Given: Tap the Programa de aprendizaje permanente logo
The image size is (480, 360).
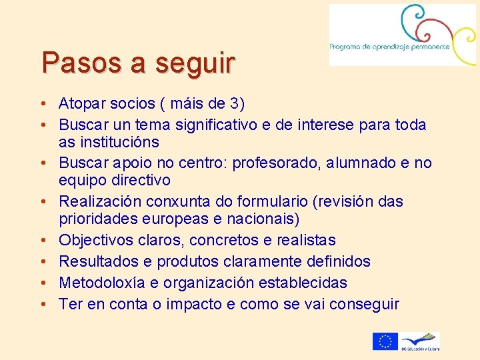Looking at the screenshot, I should [x=402, y=35].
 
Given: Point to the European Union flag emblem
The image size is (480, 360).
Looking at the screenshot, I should [x=385, y=341].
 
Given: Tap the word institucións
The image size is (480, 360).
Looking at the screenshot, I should [x=118, y=142].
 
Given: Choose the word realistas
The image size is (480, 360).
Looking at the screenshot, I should [x=303, y=240].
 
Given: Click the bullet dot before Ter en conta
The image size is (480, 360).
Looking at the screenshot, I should [x=43, y=305].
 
